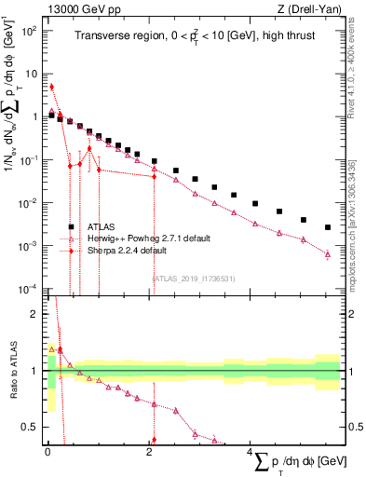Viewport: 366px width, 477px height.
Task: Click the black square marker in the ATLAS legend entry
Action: (x=70, y=226)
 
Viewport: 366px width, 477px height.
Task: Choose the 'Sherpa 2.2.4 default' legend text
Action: (x=128, y=251)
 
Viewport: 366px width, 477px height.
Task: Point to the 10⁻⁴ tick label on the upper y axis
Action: (x=30, y=289)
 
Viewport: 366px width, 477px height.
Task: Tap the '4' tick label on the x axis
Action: (x=250, y=454)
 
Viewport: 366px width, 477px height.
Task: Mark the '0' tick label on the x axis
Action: (x=47, y=454)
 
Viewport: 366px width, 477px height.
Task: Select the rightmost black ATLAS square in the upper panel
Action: (x=327, y=227)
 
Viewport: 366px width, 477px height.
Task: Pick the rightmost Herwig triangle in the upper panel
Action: (x=327, y=253)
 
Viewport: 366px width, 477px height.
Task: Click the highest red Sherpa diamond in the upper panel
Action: (x=51, y=87)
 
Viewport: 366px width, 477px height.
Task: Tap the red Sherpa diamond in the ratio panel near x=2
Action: (x=154, y=440)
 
